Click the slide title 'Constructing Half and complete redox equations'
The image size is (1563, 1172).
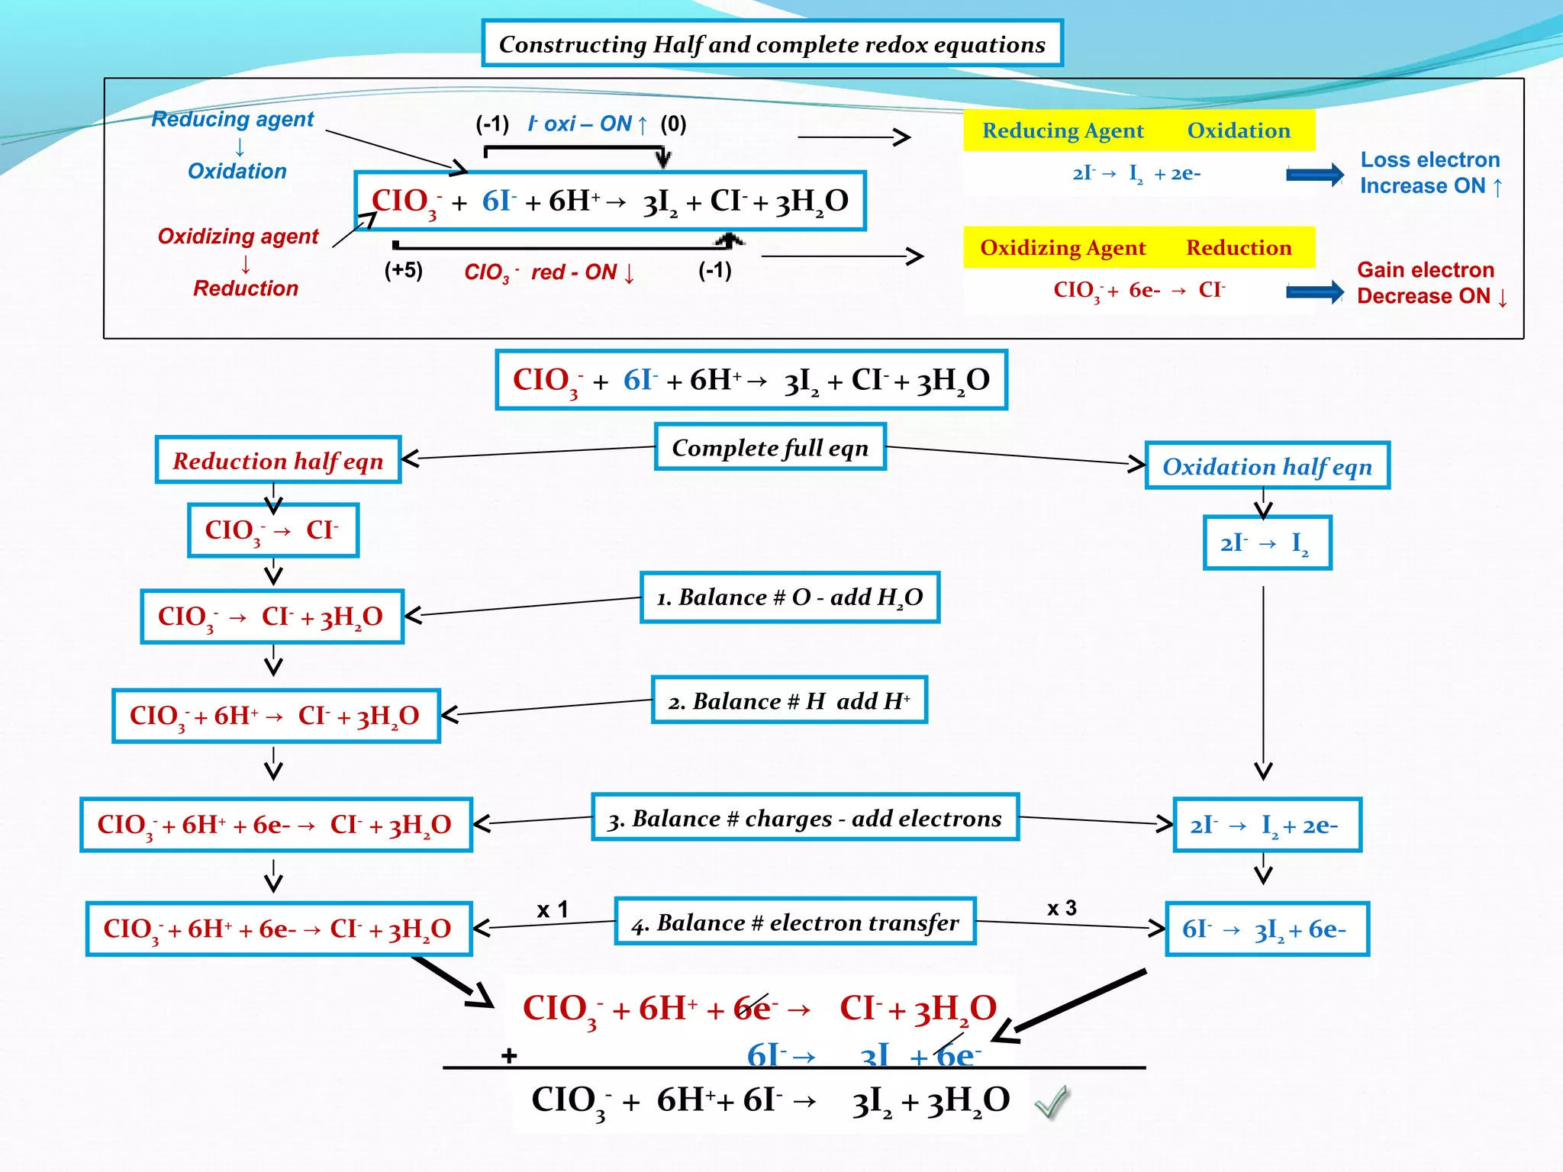(772, 44)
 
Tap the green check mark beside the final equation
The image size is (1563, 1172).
(1052, 1103)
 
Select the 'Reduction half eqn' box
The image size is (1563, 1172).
(278, 460)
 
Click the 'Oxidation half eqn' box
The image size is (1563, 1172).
(1267, 465)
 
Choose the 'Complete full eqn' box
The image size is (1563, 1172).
(770, 447)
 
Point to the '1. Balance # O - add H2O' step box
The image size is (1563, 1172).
(790, 597)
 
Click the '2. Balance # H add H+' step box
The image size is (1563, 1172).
(789, 700)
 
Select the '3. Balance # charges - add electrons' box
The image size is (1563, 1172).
(805, 817)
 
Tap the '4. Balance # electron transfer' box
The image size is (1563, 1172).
(795, 922)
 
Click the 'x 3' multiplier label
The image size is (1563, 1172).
(1062, 908)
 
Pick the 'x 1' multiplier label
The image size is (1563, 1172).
(552, 910)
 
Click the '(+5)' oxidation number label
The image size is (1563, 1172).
(403, 270)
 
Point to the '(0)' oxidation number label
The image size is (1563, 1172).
(673, 124)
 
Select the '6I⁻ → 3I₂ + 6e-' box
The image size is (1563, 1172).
(1267, 929)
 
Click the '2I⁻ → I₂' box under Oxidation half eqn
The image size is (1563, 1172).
(1267, 543)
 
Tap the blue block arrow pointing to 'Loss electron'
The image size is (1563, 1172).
(1314, 175)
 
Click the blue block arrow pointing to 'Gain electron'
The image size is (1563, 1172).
(1314, 291)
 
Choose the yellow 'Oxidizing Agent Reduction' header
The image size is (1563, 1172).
(1139, 247)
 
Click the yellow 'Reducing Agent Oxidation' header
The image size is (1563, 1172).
(1139, 130)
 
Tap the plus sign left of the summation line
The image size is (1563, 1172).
(509, 1055)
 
